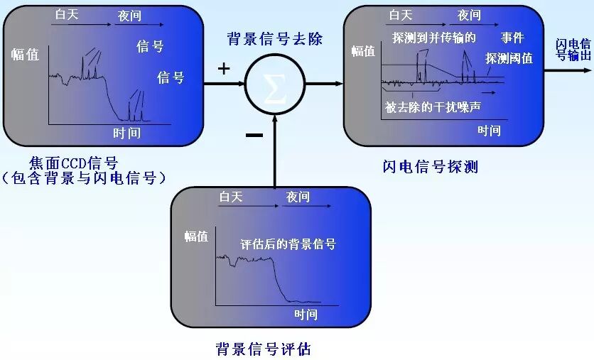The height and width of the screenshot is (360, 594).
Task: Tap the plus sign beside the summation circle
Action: point(224,68)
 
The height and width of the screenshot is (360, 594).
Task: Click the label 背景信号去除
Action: point(274,38)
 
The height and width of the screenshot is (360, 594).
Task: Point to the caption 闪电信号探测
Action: point(430,167)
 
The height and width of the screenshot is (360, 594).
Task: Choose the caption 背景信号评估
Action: point(263,349)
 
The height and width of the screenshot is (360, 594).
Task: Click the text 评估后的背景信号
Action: point(288,244)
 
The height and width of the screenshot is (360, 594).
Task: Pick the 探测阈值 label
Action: point(509,59)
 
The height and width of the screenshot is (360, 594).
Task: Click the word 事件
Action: point(512,38)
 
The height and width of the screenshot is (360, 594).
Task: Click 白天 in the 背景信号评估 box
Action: point(231,197)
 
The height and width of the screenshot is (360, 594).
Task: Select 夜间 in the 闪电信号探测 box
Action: point(470,15)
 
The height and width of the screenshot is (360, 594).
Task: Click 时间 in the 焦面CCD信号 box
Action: point(127,133)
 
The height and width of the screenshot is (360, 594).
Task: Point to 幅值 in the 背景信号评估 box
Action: point(197,236)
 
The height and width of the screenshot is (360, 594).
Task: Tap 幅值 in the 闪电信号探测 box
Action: point(363,51)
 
